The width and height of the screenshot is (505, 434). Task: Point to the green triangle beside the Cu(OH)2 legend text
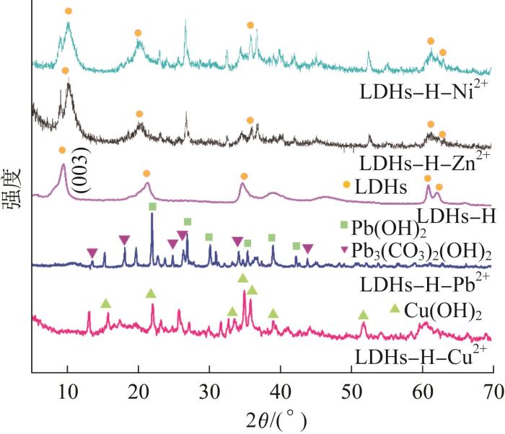click(395, 309)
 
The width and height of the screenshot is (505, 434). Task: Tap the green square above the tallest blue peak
click(152, 207)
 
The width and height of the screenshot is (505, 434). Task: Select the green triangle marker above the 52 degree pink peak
click(363, 315)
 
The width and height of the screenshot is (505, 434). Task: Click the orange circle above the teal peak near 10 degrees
click(69, 12)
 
